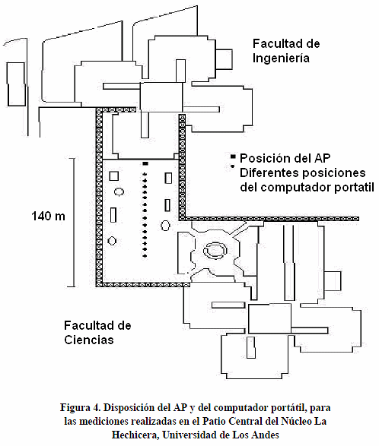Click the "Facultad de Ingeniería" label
click(x=286, y=51)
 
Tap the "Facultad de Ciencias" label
click(x=97, y=333)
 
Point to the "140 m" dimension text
click(x=48, y=217)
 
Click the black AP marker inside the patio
click(x=145, y=163)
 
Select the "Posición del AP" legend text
click(x=285, y=158)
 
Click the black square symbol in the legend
click(x=233, y=157)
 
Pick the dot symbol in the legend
click(x=233, y=166)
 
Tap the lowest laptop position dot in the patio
click(x=145, y=256)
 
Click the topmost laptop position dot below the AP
click(x=145, y=174)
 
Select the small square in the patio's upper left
click(x=114, y=176)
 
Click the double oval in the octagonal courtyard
click(x=215, y=251)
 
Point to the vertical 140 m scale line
click(x=75, y=223)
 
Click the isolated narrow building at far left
click(x=16, y=84)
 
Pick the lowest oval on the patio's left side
click(x=112, y=241)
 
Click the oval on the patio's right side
click(x=165, y=226)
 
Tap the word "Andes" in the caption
click(x=266, y=435)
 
